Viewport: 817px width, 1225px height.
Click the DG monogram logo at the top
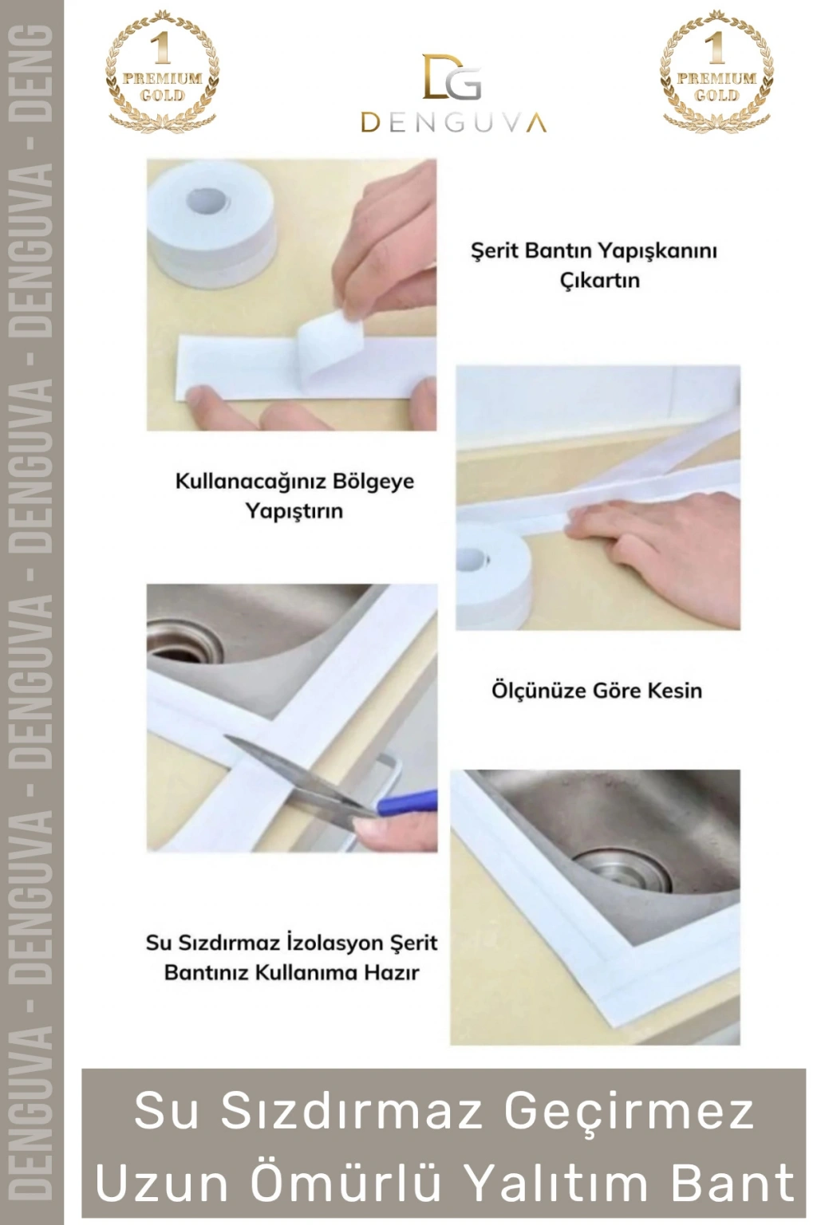point(452,77)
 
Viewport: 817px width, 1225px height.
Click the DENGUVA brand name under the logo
point(453,123)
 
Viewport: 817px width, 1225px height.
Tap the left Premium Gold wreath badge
point(163,70)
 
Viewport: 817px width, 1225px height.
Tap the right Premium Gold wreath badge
point(716,70)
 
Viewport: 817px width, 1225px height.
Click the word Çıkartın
point(600,281)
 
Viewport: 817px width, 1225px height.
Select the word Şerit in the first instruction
point(494,251)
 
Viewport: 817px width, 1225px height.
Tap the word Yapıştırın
point(294,511)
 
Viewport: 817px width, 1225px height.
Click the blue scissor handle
point(408,803)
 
